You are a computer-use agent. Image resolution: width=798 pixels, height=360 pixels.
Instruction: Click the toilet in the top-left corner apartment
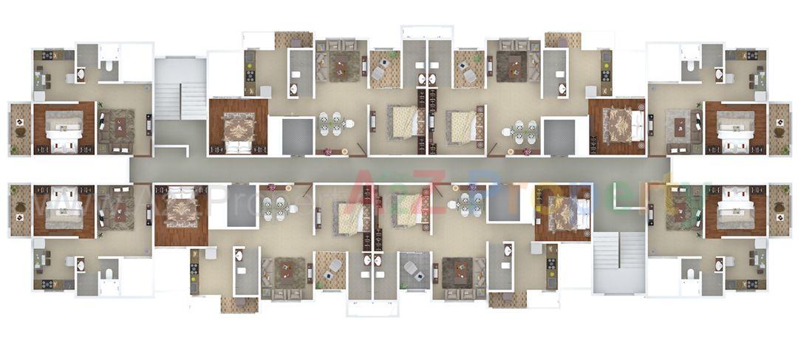(109, 68)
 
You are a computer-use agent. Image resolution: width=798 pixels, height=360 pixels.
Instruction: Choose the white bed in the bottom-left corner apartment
(64, 209)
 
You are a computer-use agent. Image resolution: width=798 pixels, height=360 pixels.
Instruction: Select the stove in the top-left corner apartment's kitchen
(48, 55)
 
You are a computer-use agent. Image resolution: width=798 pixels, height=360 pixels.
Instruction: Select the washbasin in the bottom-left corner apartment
(81, 264)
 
